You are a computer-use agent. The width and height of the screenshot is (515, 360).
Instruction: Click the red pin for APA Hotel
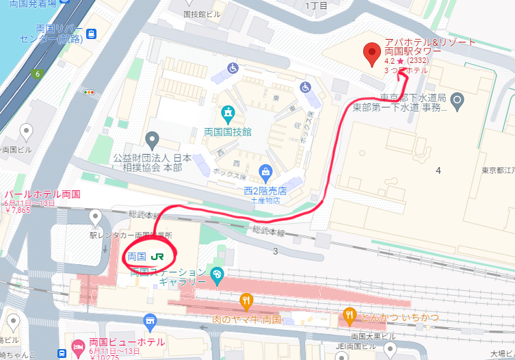tap(372, 53)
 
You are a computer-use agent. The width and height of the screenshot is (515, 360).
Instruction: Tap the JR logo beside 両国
tap(157, 257)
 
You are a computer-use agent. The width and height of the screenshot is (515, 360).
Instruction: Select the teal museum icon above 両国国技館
tap(227, 112)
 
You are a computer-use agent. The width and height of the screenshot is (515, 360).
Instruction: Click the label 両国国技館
tap(228, 131)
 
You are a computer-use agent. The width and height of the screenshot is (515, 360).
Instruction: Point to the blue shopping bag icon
tap(266, 172)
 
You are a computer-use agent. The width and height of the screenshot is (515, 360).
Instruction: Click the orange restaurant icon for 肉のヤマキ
tap(246, 300)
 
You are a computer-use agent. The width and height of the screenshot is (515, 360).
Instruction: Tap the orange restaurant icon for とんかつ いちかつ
tap(349, 316)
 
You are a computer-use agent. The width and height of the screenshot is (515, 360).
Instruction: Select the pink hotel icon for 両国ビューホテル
tap(78, 344)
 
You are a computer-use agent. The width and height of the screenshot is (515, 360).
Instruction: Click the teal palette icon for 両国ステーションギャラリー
tap(217, 275)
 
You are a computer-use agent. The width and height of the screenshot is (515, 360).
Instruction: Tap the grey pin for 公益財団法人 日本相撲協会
tap(152, 140)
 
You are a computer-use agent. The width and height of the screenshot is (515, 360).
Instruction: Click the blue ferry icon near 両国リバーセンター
tap(91, 32)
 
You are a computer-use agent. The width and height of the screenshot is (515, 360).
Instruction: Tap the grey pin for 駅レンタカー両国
tap(95, 217)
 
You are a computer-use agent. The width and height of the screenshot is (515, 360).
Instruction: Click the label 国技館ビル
tap(203, 13)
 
